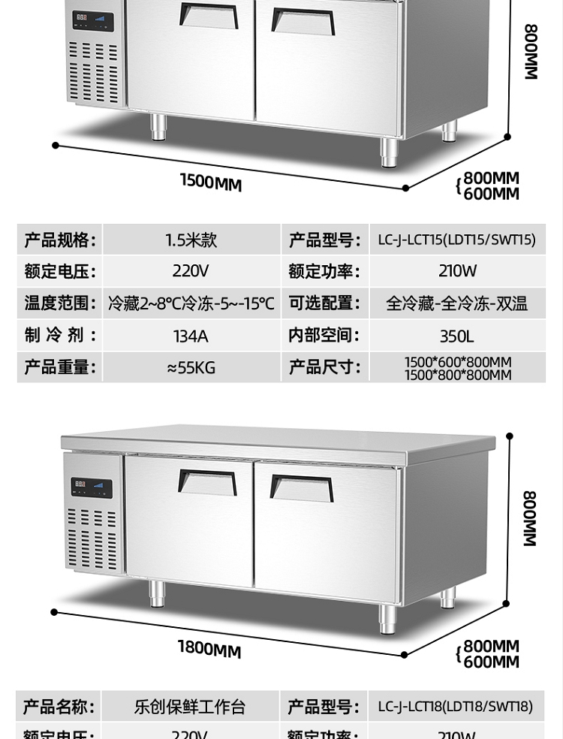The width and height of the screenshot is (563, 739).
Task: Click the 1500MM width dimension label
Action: [x=211, y=181]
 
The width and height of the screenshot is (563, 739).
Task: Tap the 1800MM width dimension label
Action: [x=209, y=648]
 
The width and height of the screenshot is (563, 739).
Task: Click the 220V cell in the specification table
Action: [x=191, y=271]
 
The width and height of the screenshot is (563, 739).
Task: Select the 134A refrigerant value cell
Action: [x=191, y=336]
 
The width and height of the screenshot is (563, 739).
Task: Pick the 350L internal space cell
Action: [x=457, y=336]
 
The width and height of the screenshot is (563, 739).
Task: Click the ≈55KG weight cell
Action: [x=191, y=368]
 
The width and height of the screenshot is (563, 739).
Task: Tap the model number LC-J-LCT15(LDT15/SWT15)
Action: [x=457, y=240]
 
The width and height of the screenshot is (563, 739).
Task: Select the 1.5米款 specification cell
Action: [x=191, y=240]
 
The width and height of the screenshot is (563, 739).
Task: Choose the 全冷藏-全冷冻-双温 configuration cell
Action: [x=457, y=303]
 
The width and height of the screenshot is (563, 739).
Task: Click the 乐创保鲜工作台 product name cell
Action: [x=190, y=707]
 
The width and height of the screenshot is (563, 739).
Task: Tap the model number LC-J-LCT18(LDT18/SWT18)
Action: [x=456, y=707]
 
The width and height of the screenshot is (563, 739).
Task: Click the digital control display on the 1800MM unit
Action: [x=92, y=486]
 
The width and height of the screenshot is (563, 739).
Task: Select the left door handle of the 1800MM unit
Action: [x=208, y=481]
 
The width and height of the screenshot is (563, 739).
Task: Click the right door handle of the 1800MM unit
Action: [x=302, y=487]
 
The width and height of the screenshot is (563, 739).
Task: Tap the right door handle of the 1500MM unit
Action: [x=303, y=20]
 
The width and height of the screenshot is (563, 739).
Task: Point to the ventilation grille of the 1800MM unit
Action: [x=92, y=537]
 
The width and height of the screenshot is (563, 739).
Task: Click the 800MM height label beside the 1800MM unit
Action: [x=531, y=517]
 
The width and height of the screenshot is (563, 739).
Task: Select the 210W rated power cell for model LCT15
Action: [x=457, y=271]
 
